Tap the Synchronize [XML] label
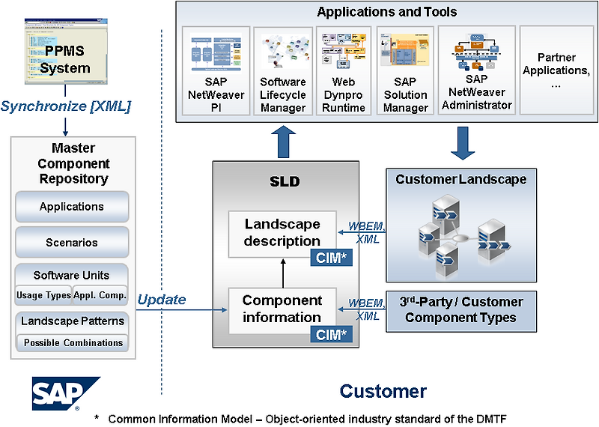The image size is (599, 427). pyautogui.click(x=66, y=106)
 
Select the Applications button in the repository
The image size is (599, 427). pyautogui.click(x=72, y=207)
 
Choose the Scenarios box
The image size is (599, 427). pyautogui.click(x=72, y=243)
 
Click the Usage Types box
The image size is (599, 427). pyautogui.click(x=43, y=295)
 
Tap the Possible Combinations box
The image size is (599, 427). pyautogui.click(x=73, y=342)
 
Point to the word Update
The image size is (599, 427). pyautogui.click(x=161, y=300)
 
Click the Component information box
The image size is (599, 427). pyautogui.click(x=282, y=309)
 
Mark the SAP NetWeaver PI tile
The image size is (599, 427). pyautogui.click(x=216, y=71)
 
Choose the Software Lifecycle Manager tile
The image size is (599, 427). pyautogui.click(x=283, y=71)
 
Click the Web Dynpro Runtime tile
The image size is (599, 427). pyautogui.click(x=344, y=71)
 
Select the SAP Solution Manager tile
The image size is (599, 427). pyautogui.click(x=405, y=71)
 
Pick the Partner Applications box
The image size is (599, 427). pyautogui.click(x=556, y=71)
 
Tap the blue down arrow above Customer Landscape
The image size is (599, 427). pyautogui.click(x=460, y=142)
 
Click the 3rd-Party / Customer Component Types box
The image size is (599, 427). pyautogui.click(x=461, y=310)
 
